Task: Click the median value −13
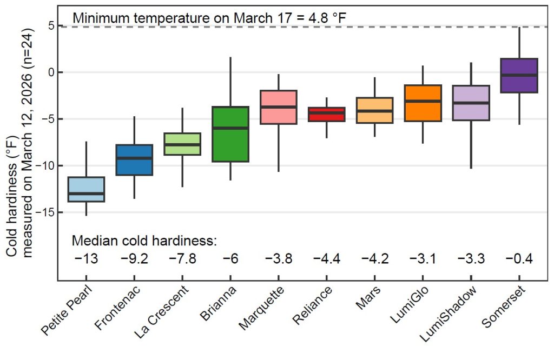coord(87,259)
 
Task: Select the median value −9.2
coord(135,259)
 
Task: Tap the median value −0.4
coord(519,259)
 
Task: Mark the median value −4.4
coord(327,259)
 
